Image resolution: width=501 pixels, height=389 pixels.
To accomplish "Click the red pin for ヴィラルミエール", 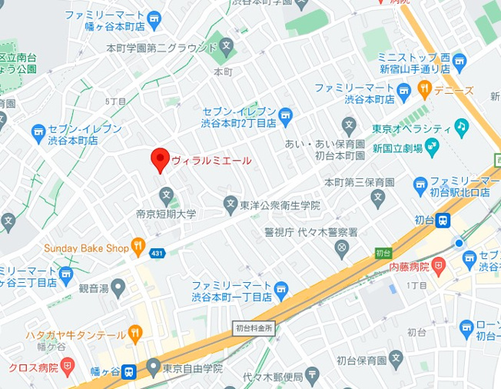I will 159,159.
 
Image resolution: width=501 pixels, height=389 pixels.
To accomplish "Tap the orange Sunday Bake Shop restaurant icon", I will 138,248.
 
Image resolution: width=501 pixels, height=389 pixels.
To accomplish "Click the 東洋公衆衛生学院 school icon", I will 230,204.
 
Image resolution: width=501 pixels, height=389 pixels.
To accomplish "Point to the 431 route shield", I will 158,253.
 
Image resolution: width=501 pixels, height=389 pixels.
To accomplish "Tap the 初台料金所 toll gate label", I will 254,327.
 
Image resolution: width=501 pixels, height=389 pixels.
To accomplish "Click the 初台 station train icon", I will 443,221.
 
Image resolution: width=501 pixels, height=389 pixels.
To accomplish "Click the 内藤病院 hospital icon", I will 439,267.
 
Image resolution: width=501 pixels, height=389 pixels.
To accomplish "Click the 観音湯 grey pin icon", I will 118,288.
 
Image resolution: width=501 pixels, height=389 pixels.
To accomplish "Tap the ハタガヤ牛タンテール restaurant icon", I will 135,334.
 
